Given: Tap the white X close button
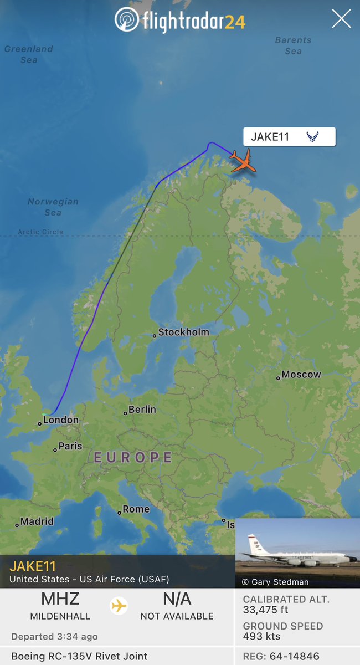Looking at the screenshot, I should point(341,19).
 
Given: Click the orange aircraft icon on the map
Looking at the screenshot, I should point(243,160).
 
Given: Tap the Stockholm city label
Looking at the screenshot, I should point(183,332).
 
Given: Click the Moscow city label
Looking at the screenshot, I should point(301,375).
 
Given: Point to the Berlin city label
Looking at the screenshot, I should point(142,410).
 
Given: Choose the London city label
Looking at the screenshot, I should point(60,420).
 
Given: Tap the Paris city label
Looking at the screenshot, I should point(70,446).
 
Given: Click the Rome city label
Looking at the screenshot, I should point(136,509).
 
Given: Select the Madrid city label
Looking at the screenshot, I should point(37,521).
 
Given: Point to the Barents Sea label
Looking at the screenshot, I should point(293,45).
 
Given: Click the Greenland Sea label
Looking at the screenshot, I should point(28,54).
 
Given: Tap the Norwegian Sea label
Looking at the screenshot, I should point(53,207).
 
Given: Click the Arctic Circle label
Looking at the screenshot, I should point(40,232).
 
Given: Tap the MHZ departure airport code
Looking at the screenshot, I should point(60,599).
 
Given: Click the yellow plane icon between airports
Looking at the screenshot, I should point(119,606).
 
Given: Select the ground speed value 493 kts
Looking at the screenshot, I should point(262,636).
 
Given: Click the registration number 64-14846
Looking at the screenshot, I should point(294,656).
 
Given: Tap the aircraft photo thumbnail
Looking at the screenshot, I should point(297,553).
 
